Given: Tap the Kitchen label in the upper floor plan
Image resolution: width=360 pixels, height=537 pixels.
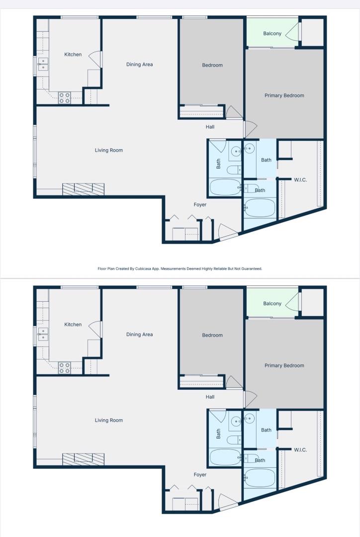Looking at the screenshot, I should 73,55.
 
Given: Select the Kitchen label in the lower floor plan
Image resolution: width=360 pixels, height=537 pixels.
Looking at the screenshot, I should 73,325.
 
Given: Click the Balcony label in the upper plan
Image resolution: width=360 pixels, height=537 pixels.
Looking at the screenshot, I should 272,34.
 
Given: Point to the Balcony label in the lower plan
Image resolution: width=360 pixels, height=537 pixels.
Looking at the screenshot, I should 272,304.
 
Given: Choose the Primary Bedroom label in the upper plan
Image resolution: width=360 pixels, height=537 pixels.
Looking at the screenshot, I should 284,95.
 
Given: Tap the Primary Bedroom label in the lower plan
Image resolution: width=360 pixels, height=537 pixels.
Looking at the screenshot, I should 284,365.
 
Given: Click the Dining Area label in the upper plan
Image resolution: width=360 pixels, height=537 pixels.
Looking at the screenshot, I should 139,65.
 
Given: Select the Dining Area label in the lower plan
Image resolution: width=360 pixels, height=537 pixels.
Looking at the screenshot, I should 139,335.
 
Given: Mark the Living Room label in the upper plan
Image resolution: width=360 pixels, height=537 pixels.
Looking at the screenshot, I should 109,150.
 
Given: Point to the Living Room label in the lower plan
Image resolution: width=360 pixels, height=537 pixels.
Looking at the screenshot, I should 109,420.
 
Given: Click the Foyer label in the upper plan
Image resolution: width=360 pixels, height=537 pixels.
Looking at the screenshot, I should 200,204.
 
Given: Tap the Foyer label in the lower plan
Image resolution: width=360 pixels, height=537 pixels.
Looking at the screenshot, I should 200,474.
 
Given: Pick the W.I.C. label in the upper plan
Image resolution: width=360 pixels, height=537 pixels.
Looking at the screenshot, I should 300,179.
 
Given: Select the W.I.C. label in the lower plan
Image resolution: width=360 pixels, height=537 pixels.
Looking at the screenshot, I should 300,449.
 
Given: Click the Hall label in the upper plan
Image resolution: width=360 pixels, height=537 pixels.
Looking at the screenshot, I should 210,127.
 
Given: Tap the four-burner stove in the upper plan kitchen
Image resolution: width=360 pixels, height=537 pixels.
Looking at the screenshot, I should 65,98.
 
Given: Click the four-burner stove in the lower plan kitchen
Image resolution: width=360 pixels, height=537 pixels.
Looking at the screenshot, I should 65,368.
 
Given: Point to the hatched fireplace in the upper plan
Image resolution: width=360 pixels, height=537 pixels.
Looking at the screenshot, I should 83,188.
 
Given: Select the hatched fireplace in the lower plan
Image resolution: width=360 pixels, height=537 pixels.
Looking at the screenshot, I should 83,458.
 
